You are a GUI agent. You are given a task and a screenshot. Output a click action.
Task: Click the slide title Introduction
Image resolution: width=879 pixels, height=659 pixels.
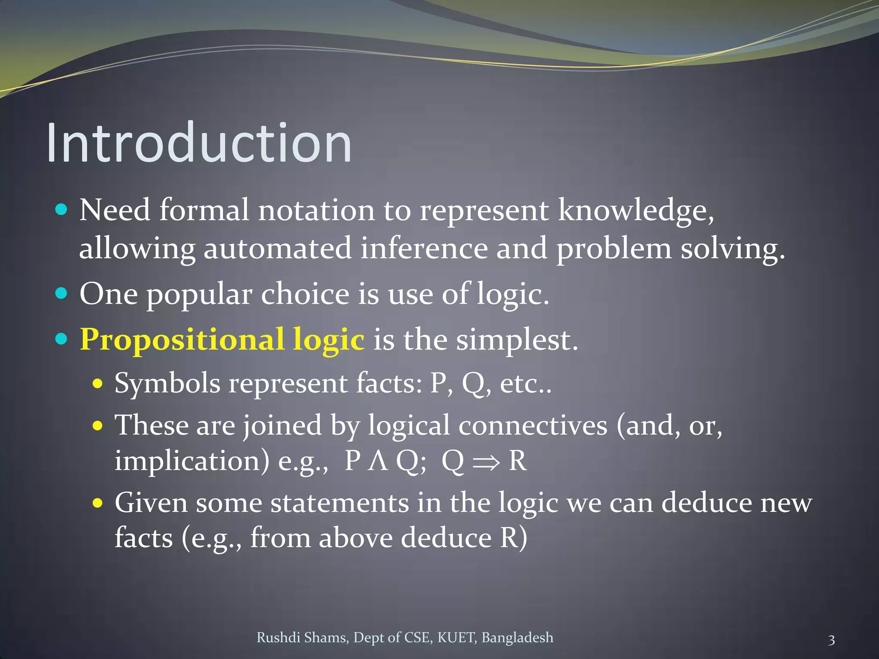199,142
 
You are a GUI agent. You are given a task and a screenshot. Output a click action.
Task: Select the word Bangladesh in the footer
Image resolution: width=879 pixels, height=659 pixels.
517,638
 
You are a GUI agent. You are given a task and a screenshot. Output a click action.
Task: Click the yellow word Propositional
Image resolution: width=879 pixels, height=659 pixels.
182,340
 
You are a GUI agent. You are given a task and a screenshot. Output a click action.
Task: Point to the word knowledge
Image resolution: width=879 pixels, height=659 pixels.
635,211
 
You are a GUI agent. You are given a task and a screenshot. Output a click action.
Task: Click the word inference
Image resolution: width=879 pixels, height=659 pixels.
424,249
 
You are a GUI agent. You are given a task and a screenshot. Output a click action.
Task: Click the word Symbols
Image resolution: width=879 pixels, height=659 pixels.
167,383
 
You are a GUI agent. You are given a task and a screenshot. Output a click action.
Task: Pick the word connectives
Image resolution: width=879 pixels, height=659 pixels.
533,426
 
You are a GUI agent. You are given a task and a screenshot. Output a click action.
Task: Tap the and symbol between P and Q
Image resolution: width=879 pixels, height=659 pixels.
378,462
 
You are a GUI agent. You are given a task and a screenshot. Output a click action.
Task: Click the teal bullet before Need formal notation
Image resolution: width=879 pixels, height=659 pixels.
62,210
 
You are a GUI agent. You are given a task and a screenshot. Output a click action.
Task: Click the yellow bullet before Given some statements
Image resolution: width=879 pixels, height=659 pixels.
98,502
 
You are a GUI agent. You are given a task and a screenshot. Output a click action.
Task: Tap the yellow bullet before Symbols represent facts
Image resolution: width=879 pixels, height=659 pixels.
98,383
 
